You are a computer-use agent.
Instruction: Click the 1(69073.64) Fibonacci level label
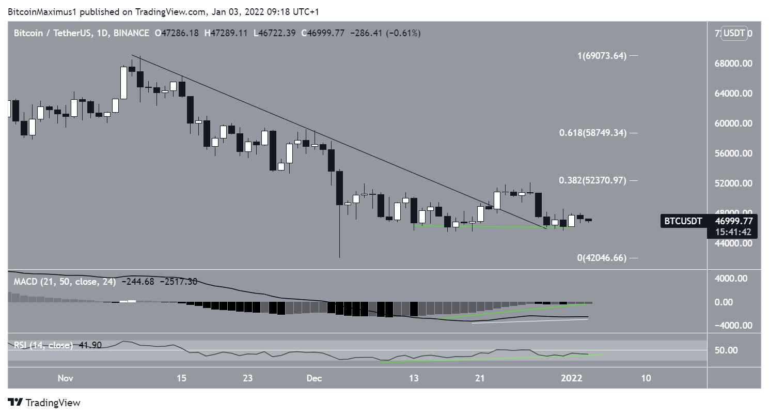(x=601, y=56)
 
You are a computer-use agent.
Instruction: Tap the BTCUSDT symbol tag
(x=683, y=221)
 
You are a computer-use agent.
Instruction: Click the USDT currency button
(x=734, y=34)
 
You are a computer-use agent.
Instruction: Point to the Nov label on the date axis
(x=65, y=378)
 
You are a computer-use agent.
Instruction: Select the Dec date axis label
(x=314, y=378)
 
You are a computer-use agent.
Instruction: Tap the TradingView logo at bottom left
(x=44, y=403)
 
